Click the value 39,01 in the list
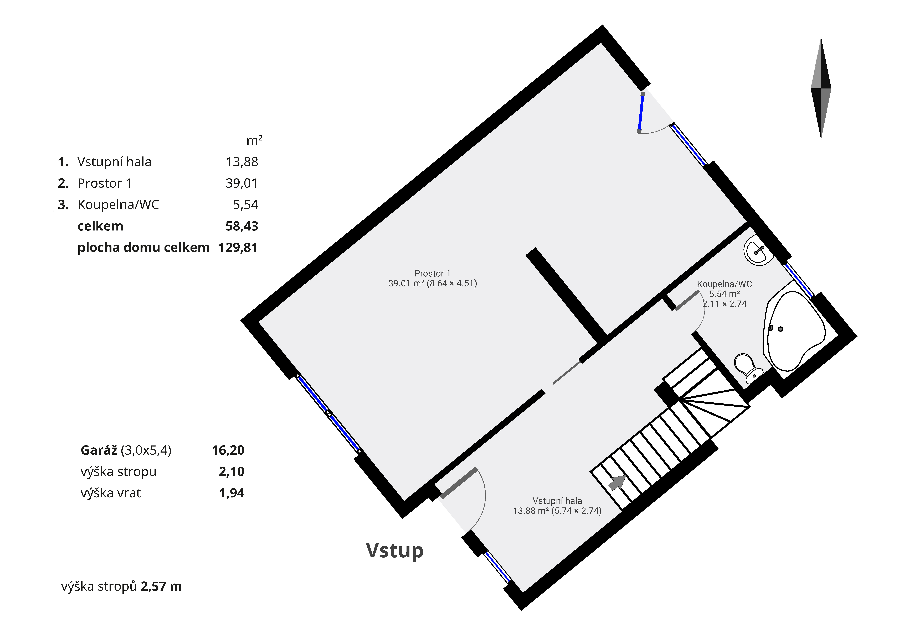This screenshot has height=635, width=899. (x=242, y=183)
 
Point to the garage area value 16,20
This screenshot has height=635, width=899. (x=228, y=450)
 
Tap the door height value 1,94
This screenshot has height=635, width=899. (x=232, y=493)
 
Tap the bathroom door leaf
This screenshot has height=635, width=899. (x=687, y=301)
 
